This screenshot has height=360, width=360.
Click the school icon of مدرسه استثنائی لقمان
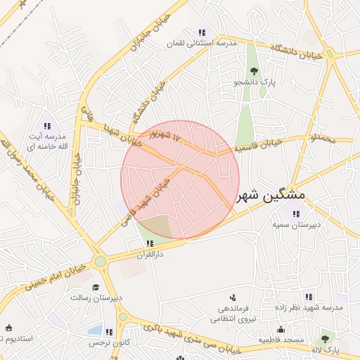click(x=202, y=32)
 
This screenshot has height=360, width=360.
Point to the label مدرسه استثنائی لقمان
click(x=201, y=44)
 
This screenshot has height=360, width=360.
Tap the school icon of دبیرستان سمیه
click(x=296, y=213)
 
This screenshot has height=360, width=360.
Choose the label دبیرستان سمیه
click(x=297, y=224)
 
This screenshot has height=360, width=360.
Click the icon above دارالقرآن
click(x=148, y=243)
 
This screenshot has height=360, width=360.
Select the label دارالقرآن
click(x=149, y=254)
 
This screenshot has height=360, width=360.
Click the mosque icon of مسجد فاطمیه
click(x=281, y=329)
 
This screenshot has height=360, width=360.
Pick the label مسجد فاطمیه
click(x=281, y=340)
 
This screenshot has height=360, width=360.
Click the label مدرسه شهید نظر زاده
click(x=309, y=309)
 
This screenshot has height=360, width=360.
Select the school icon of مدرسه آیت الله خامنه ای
click(x=47, y=125)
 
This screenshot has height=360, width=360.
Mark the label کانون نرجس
click(x=106, y=342)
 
